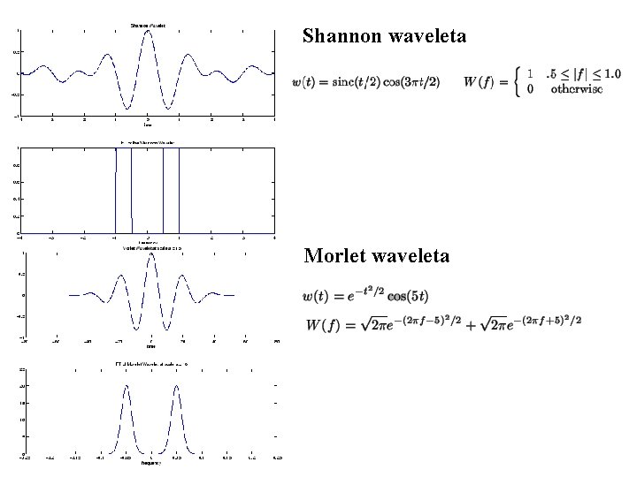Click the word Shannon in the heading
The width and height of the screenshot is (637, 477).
[341, 36]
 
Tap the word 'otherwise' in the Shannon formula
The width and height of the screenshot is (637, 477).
[576, 89]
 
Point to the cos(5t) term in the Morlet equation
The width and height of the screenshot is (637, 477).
[407, 295]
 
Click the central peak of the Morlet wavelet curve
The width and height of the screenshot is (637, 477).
[151, 257]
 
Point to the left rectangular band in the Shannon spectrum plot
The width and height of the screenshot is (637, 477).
[124, 190]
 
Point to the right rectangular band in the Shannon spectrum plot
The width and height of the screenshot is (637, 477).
[172, 190]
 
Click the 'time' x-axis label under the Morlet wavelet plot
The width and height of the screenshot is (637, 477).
[151, 346]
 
